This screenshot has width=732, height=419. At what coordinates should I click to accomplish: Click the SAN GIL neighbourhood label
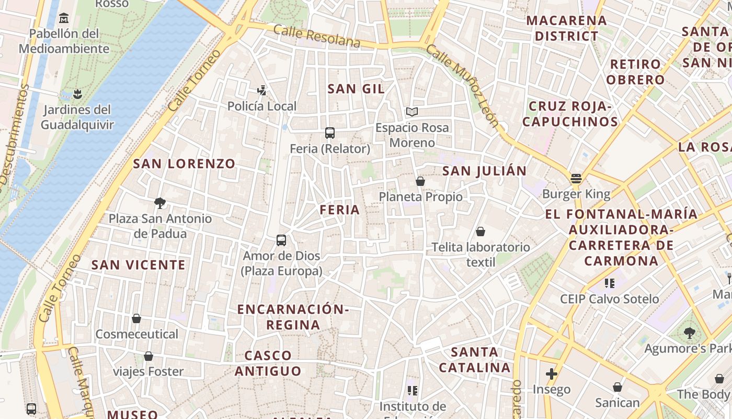pyautogui.click(x=356, y=89)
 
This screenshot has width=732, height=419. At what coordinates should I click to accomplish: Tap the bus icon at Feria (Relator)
pyautogui.click(x=330, y=133)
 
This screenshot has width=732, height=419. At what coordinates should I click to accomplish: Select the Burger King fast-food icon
pyautogui.click(x=576, y=179)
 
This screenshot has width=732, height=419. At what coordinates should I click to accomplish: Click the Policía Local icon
pyautogui.click(x=262, y=91)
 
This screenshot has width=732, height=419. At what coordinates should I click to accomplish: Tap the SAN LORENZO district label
pyautogui.click(x=184, y=163)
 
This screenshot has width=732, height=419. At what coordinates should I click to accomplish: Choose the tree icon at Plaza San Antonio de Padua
pyautogui.click(x=160, y=203)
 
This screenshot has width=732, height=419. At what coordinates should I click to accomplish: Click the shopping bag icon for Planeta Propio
pyautogui.click(x=420, y=181)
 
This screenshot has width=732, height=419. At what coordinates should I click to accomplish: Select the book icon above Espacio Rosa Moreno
pyautogui.click(x=412, y=112)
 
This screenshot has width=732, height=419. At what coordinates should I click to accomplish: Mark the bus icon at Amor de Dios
pyautogui.click(x=281, y=240)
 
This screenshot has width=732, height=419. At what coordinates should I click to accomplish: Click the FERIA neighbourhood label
pyautogui.click(x=340, y=210)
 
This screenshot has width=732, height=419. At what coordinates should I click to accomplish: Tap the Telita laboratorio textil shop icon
pyautogui.click(x=481, y=231)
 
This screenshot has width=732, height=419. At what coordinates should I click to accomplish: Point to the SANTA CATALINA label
pyautogui.click(x=475, y=360)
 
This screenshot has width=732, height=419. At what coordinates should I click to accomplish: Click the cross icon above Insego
pyautogui.click(x=551, y=374)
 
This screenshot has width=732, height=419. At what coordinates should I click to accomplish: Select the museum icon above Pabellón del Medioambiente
pyautogui.click(x=64, y=18)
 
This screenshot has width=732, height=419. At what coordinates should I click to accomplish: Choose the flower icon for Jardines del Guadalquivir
pyautogui.click(x=77, y=94)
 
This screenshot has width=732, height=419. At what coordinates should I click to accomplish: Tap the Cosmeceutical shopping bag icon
pyautogui.click(x=136, y=318)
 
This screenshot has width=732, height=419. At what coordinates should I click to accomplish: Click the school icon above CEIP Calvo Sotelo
pyautogui.click(x=609, y=283)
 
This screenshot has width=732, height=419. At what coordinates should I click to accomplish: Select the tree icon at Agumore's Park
pyautogui.click(x=690, y=333)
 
